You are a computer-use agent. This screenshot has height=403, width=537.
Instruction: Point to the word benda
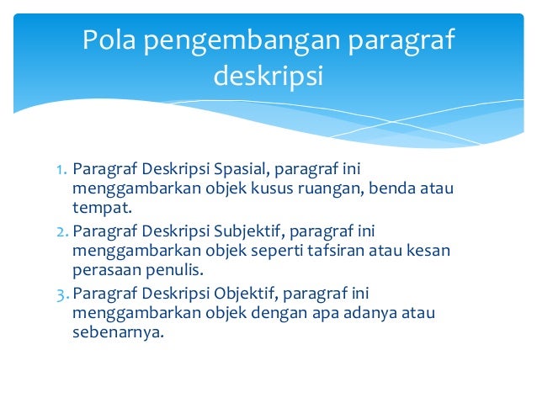(x=395, y=188)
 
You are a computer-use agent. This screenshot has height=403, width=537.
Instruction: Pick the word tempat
(x=100, y=208)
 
